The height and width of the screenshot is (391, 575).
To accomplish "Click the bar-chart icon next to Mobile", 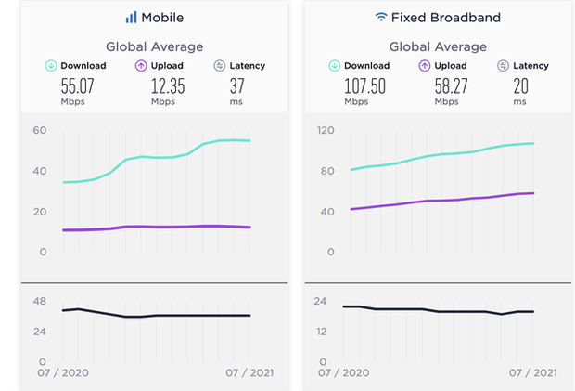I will [x=132, y=17].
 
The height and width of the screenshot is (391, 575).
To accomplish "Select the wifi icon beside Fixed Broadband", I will [x=380, y=17].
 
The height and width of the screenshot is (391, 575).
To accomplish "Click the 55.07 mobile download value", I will [x=78, y=85].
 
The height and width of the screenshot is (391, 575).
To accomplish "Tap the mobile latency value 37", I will [x=238, y=85].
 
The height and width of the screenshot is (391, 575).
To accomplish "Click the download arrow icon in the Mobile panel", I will [x=52, y=65].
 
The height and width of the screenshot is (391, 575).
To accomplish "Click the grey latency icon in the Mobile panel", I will [x=220, y=65].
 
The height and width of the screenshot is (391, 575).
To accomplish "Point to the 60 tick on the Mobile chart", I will [x=39, y=130].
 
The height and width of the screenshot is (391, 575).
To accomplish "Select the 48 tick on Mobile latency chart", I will [x=39, y=301].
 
